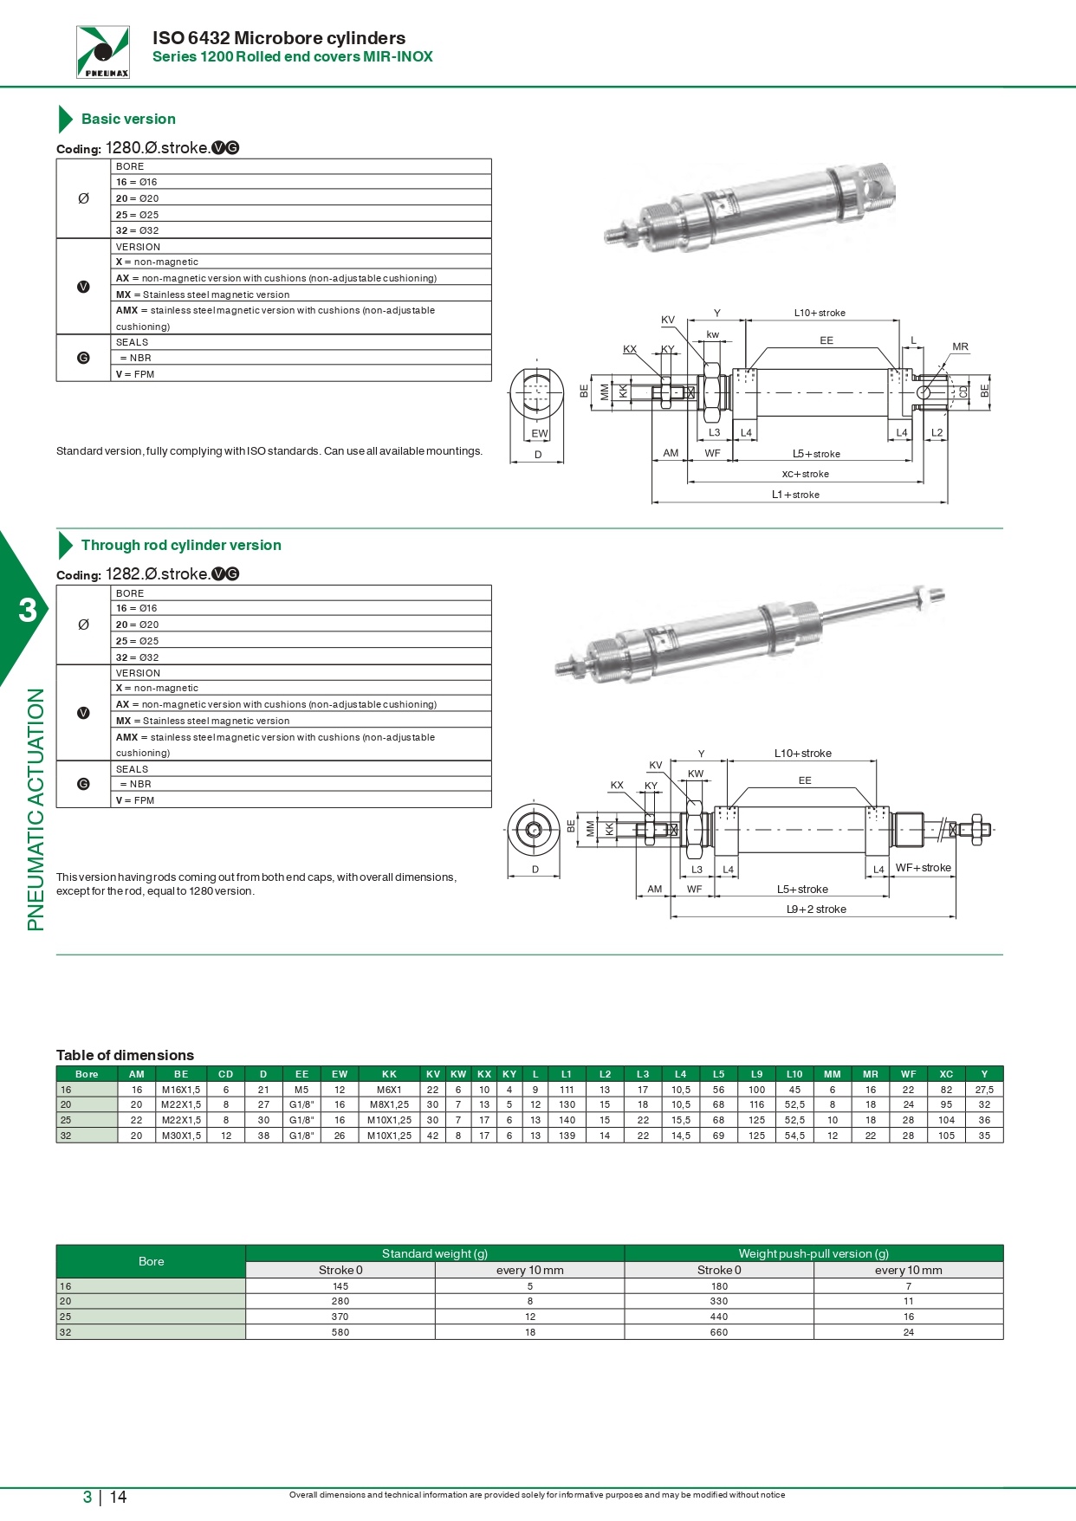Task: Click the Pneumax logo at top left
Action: point(103,52)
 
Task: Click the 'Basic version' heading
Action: point(128,120)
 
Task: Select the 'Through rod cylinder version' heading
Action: point(181,546)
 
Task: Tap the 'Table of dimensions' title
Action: point(125,1055)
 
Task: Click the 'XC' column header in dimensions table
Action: point(946,1074)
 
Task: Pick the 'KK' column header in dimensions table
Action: point(389,1074)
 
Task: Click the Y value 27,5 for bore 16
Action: point(984,1090)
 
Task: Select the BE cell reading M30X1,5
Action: point(180,1136)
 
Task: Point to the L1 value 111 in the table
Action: point(567,1090)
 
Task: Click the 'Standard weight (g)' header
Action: point(435,1253)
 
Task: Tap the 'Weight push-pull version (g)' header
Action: point(813,1253)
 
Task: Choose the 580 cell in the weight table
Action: point(340,1332)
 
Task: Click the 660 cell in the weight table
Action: point(719,1332)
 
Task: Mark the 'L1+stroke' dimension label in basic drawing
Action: point(795,495)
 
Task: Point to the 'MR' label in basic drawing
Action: point(960,346)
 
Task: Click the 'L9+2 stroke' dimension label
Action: point(816,909)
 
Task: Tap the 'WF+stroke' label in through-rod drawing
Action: point(923,868)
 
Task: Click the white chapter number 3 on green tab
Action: point(28,611)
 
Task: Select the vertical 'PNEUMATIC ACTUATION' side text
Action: point(36,810)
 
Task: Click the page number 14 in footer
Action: point(119,1498)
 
